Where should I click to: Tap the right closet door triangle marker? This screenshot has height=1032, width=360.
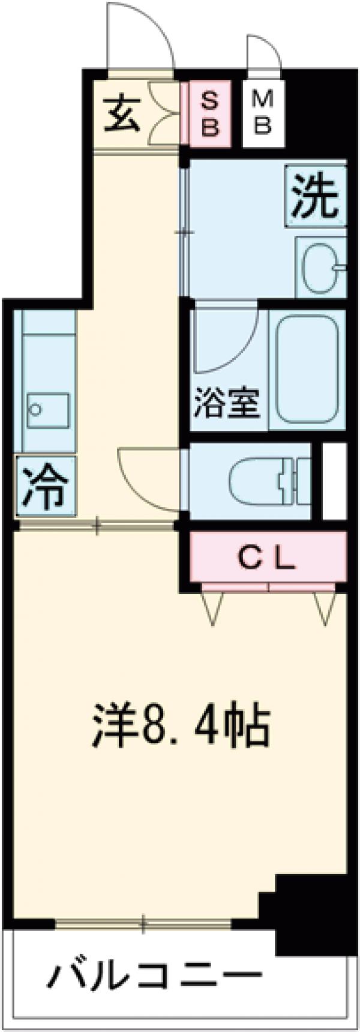tap(324, 608)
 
